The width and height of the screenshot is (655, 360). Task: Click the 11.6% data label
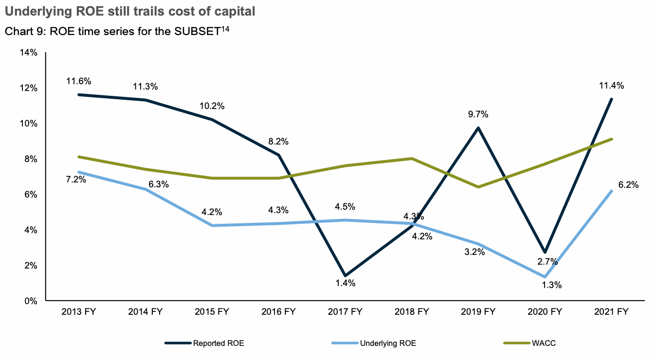[x=79, y=81]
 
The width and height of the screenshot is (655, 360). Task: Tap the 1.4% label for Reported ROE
[x=345, y=283]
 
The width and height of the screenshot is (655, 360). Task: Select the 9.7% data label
[x=478, y=114]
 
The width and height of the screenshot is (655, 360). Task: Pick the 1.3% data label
[x=551, y=285]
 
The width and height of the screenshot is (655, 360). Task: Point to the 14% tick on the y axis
[x=28, y=53]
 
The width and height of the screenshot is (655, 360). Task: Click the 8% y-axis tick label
[x=30, y=159]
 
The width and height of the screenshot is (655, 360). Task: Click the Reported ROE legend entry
[x=204, y=343]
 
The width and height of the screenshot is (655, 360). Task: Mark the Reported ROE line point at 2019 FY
[x=478, y=128]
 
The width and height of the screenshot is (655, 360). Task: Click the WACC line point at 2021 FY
[x=611, y=139]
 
